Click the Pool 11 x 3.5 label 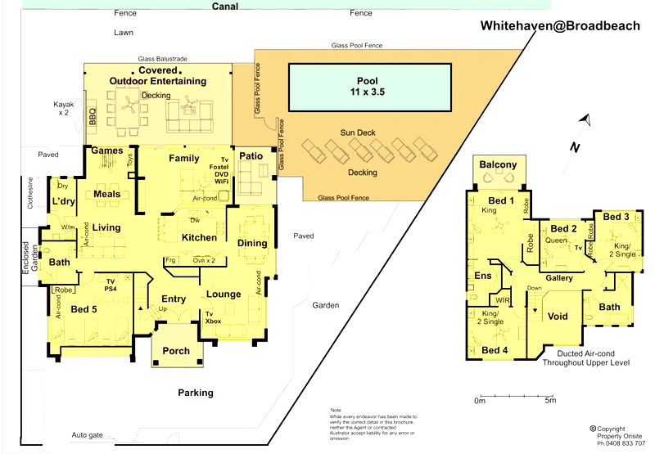point(369,87)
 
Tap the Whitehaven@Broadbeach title point(560,26)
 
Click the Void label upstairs point(558,316)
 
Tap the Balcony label point(498,165)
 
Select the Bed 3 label point(616,217)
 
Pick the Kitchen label point(199,238)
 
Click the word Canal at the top point(225,7)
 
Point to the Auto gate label point(88,434)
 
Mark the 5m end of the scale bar point(550,401)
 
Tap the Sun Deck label point(357,133)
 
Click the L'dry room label point(63,201)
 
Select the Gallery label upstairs point(558,279)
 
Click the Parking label point(196,393)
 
